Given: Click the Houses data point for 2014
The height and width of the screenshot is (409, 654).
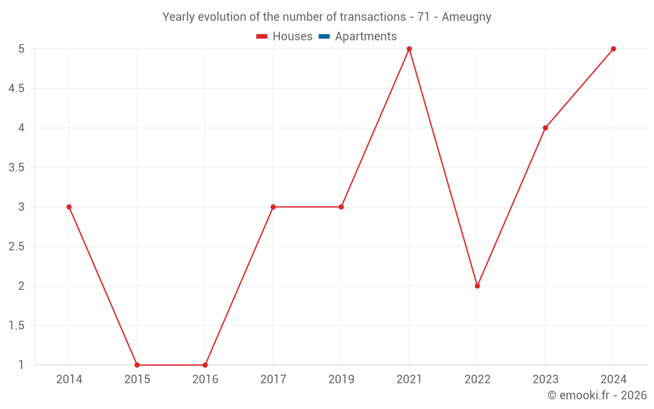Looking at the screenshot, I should pos(69,207).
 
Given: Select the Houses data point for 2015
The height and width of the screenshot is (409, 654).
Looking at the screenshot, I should pos(137,365).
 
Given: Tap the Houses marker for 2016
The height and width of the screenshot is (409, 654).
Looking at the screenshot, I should pos(205,365).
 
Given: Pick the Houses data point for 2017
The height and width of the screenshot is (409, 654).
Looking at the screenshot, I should pos(273,207).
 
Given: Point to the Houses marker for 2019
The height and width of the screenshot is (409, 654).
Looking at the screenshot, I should pos(341,207).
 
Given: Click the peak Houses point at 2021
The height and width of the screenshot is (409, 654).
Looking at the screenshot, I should pos(409,49).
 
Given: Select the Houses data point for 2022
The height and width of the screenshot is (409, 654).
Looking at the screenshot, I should pos(477,286).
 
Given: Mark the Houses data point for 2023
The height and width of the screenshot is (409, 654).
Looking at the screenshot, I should pos(545,128).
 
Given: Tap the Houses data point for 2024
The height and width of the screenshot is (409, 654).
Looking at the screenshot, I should pos(613,49).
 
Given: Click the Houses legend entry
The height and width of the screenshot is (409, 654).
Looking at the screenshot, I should pos(284,37).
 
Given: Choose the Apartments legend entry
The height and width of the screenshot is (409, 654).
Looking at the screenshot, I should pos(358,37).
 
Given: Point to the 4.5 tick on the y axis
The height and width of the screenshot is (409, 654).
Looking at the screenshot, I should pos(16,88).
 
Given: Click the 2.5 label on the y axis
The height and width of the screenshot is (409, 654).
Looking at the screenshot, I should pos(16,247).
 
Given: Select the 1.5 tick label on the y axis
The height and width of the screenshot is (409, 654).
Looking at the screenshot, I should pos(16,325).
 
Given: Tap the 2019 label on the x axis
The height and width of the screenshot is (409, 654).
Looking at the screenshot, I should pos(341,379).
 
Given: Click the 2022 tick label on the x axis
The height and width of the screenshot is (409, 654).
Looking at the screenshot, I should pos(477,379).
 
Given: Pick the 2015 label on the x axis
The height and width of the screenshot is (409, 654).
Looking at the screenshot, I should pos(137,379).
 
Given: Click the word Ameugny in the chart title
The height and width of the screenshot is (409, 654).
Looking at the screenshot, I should pos(466,17).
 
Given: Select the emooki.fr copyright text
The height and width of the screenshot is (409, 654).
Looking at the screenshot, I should pos(597,395).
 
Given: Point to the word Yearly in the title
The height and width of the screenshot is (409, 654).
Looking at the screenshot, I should pos(179,17).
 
